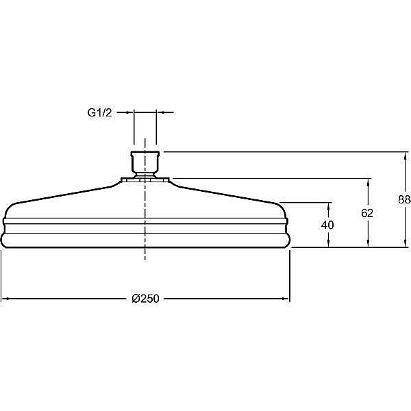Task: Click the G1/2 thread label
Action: tap(99, 113)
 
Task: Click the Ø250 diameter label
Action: tap(145, 299)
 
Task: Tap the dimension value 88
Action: tap(404, 199)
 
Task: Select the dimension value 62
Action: tap(367, 213)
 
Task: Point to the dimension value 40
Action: tap(327, 225)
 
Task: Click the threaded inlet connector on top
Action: tap(145, 164)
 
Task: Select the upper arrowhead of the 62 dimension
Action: tap(369, 182)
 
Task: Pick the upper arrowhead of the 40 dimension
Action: tap(329, 207)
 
